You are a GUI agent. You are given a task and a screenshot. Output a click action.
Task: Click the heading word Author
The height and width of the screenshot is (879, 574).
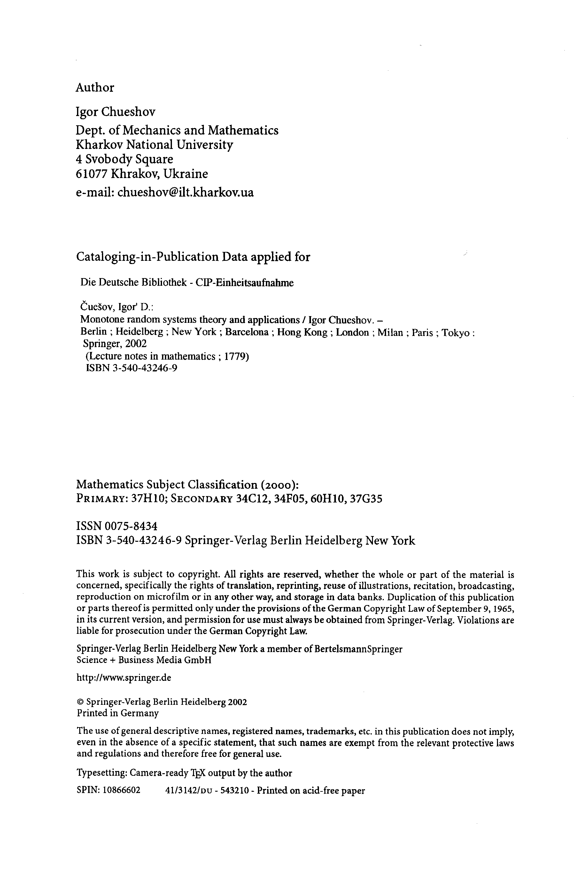point(95,88)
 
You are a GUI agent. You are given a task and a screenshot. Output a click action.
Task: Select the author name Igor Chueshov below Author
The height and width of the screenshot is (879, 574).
point(116,112)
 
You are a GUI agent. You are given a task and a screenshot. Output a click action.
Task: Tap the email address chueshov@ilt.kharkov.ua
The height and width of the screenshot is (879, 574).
point(185,192)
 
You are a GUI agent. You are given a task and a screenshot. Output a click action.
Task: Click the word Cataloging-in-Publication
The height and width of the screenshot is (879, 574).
point(147,257)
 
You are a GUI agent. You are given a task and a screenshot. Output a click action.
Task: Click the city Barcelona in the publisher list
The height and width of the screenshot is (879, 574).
point(247,332)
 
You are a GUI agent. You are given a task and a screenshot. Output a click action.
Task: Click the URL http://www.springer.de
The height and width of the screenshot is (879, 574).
point(124,678)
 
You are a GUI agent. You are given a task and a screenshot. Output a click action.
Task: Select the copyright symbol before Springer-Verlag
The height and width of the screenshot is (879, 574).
point(80,702)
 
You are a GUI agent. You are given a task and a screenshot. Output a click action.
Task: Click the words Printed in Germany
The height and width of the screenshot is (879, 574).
point(118,713)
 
